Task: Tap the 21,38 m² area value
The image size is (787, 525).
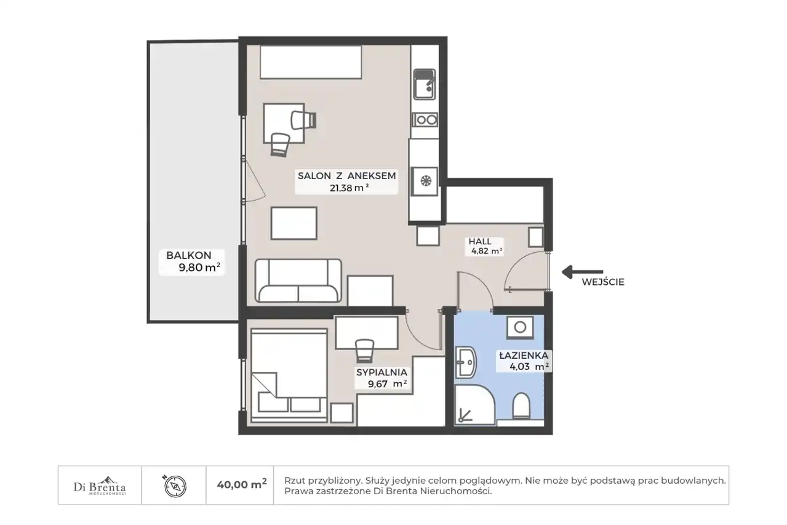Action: pyautogui.click(x=350, y=188)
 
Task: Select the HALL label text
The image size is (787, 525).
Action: pyautogui.click(x=480, y=241)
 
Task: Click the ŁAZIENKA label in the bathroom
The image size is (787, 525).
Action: pyautogui.click(x=524, y=356)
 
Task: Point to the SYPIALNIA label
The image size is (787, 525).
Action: pyautogui.click(x=382, y=372)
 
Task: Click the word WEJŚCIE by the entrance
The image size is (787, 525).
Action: pyautogui.click(x=603, y=282)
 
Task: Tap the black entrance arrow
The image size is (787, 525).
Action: pyautogui.click(x=583, y=271)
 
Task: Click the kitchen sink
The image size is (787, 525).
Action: pyautogui.click(x=425, y=84)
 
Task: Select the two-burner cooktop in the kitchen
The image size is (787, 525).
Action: pyautogui.click(x=425, y=120)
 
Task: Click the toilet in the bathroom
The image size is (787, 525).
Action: pyautogui.click(x=521, y=406)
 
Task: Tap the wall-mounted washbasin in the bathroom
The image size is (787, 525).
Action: pyautogui.click(x=466, y=363)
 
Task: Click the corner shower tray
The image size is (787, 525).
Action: pyautogui.click(x=474, y=404)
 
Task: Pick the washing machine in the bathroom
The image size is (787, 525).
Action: pyautogui.click(x=520, y=327)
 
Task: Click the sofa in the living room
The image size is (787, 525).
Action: pyautogui.click(x=298, y=281)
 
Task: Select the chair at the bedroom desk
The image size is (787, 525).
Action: pyautogui.click(x=364, y=351)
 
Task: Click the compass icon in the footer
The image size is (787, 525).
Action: pyautogui.click(x=175, y=487)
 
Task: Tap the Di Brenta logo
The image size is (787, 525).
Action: pyautogui.click(x=100, y=485)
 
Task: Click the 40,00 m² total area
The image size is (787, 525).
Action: pyautogui.click(x=242, y=484)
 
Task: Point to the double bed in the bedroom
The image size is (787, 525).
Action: pyautogui.click(x=289, y=375)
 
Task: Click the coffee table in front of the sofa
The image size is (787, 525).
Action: pyautogui.click(x=294, y=223)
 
